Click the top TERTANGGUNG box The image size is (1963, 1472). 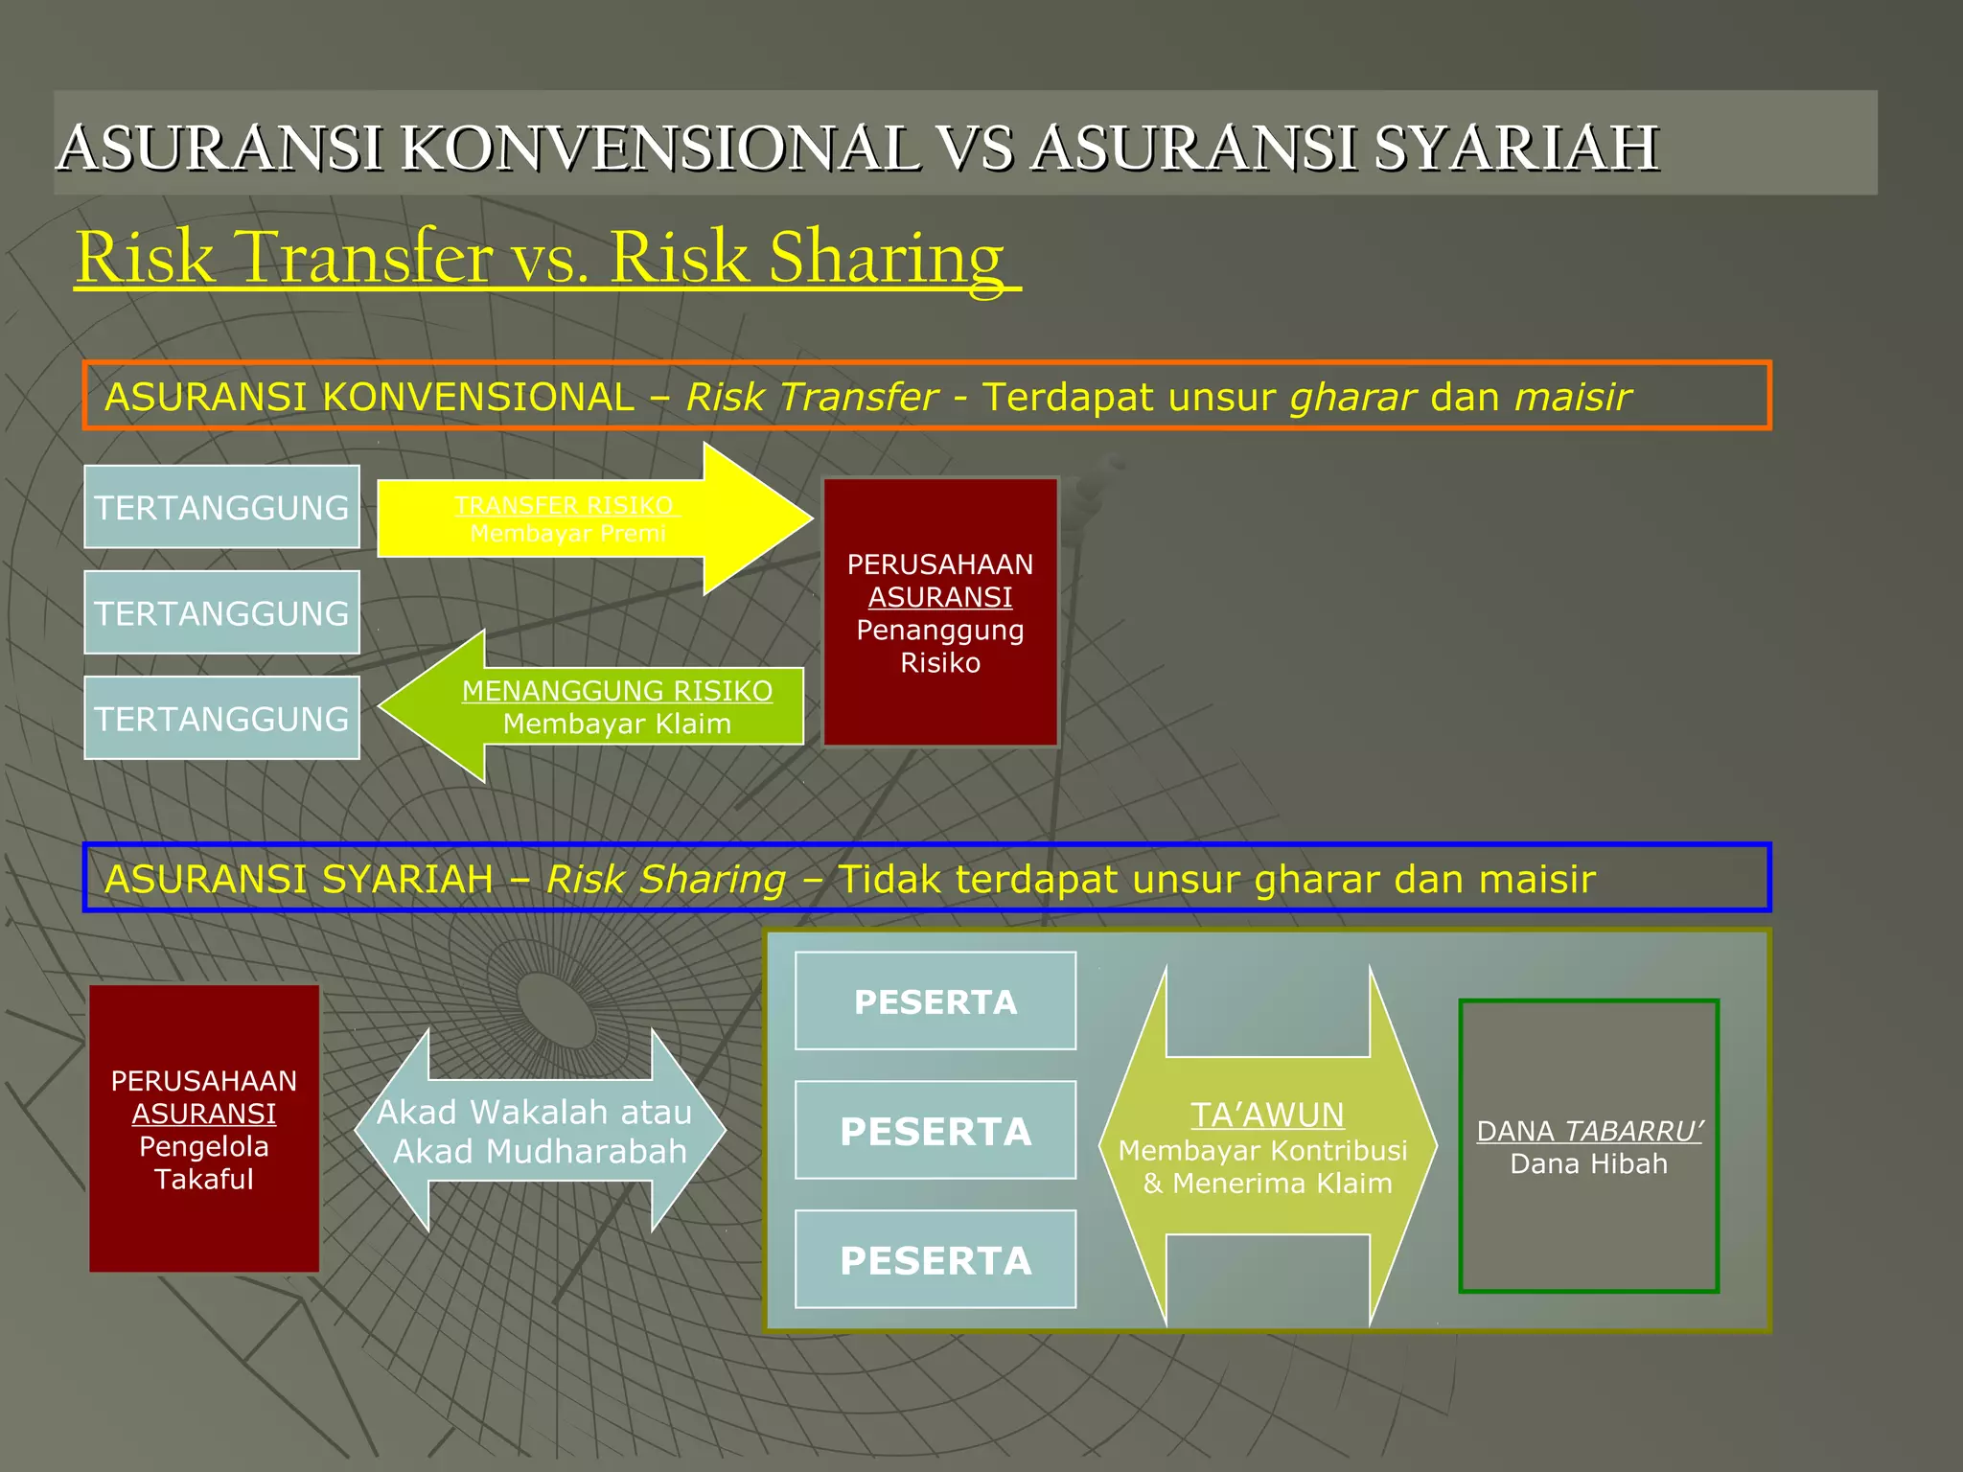coord(221,507)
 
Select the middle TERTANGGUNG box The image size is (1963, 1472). coord(221,612)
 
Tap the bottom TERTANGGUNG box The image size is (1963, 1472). coord(221,718)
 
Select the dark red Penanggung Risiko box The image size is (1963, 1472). coord(940,612)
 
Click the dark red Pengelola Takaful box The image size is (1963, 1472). coord(204,1129)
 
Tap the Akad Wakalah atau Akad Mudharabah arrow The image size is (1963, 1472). coord(540,1131)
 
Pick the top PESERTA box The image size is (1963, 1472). coord(935,1001)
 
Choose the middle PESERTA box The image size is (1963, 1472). coord(935,1131)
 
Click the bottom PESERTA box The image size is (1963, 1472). coord(935,1260)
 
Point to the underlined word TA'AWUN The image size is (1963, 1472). coord(1267,1115)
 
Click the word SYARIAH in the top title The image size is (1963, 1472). coord(1516,149)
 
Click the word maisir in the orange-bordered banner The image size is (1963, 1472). coord(1572,397)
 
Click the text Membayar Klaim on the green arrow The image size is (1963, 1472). coord(616,724)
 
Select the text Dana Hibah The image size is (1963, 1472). coord(1588,1164)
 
